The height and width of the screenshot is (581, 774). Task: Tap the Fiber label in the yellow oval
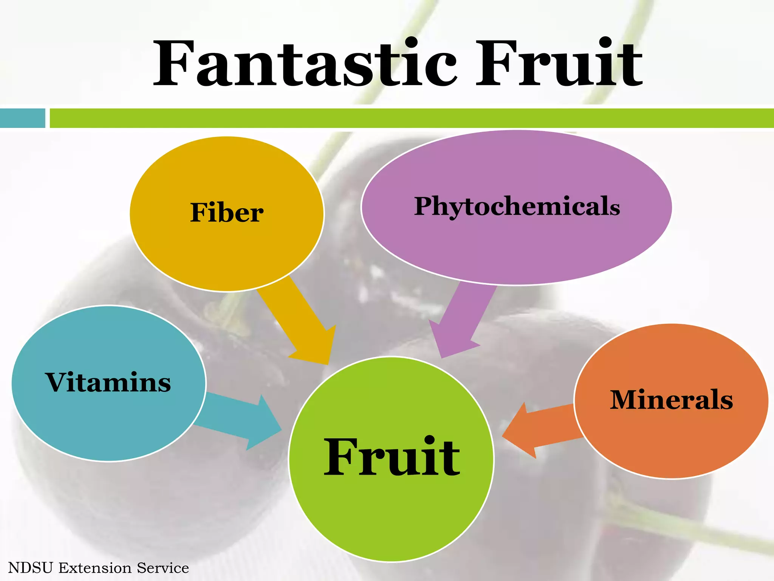coord(227,213)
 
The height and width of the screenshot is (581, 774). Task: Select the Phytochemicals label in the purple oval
coord(517,207)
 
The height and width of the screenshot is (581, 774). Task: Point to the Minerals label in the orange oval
coord(671,400)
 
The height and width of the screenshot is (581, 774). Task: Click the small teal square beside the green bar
coord(22,118)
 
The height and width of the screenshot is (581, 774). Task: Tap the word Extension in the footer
coord(94,568)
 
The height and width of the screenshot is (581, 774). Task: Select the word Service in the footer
coord(163,568)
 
